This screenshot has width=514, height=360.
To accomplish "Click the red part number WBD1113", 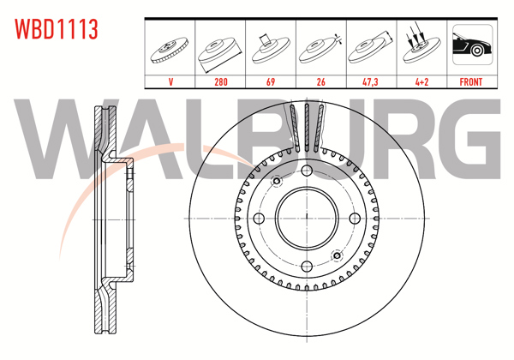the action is [x=57, y=29].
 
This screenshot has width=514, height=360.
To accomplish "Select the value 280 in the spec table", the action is [x=221, y=81].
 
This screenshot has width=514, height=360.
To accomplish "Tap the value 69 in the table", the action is [x=271, y=81].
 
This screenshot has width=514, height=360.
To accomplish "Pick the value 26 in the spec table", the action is [x=321, y=81].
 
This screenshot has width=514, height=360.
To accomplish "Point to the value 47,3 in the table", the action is [x=370, y=81].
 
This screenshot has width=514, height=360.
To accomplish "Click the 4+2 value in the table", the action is [x=421, y=81].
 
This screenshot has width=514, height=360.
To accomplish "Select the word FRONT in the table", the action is [x=471, y=81].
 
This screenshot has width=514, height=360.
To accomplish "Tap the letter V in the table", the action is [x=170, y=81].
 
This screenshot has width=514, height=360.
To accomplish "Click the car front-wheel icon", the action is [x=472, y=45].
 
